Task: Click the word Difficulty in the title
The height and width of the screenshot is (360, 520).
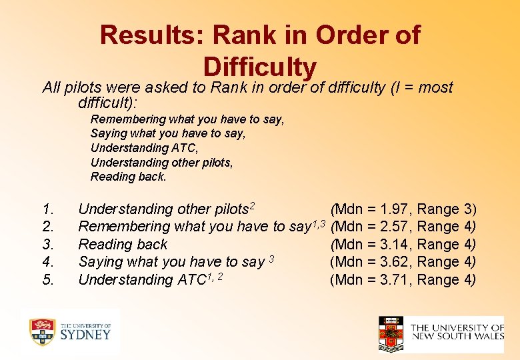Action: [259, 67]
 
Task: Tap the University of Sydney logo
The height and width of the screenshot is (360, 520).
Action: [70, 331]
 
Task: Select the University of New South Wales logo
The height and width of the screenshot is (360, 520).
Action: [441, 333]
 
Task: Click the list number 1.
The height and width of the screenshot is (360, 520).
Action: [47, 209]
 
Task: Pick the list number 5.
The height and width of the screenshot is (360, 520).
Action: [47, 279]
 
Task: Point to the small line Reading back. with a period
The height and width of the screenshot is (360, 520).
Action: [128, 177]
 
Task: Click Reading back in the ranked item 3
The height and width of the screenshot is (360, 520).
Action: [123, 245]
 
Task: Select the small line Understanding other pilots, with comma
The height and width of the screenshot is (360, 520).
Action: [161, 163]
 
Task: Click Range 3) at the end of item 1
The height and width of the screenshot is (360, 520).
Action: [446, 209]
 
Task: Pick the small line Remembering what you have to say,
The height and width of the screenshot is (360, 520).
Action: [187, 119]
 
